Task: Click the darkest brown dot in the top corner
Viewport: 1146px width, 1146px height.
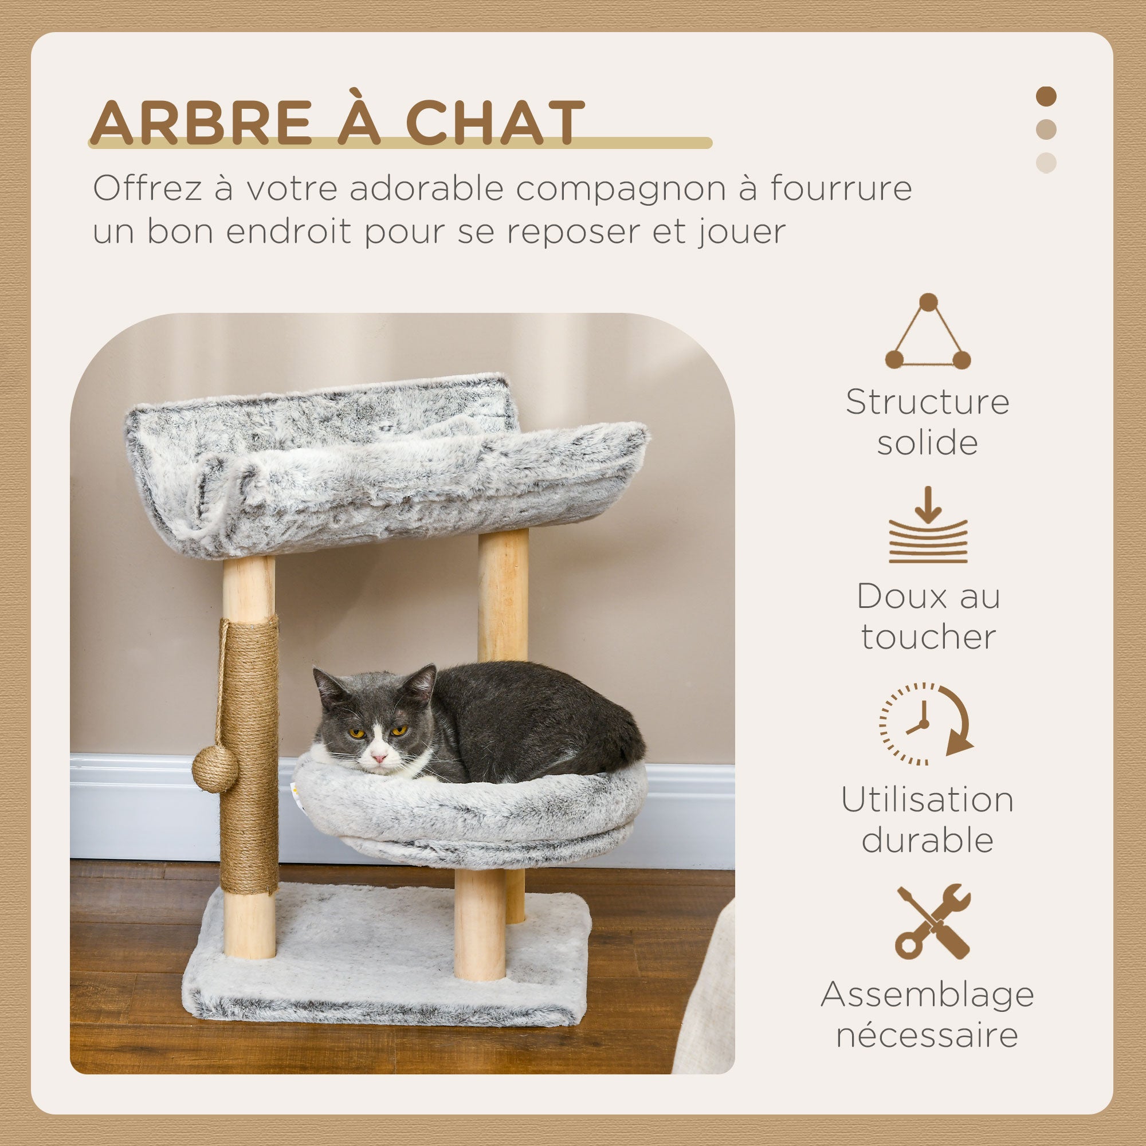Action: [x=1046, y=97]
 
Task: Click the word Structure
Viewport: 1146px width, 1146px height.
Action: [x=927, y=402]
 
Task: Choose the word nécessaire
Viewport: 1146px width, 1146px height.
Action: [x=927, y=1035]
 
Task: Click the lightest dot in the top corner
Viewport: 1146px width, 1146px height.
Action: [x=1046, y=163]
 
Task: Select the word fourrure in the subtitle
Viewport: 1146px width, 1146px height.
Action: [x=841, y=189]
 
